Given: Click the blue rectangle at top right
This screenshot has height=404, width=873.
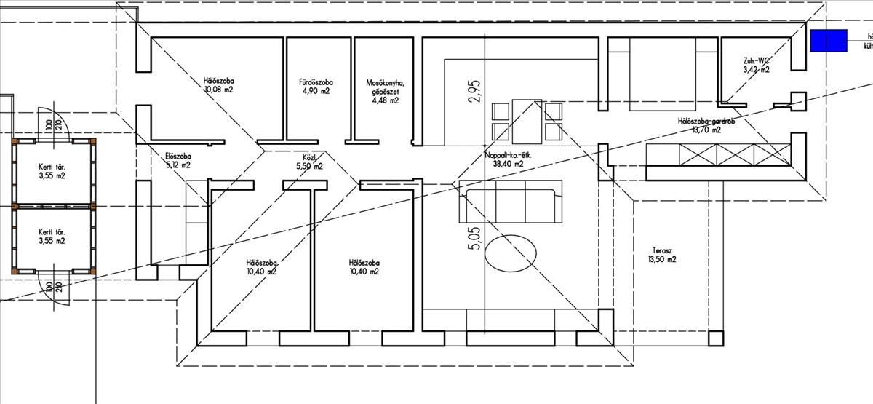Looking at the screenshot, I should coord(829,41).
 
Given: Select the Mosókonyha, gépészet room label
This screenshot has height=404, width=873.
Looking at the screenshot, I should coord(383,92).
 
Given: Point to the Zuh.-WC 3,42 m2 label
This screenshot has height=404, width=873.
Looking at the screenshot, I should coord(756,66).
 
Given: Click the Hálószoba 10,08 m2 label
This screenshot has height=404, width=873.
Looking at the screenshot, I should coord(218,85).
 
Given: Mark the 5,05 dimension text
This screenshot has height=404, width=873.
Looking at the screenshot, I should coord(474,238).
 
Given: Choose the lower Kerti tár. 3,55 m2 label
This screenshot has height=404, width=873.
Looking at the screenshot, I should coord(52,237).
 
